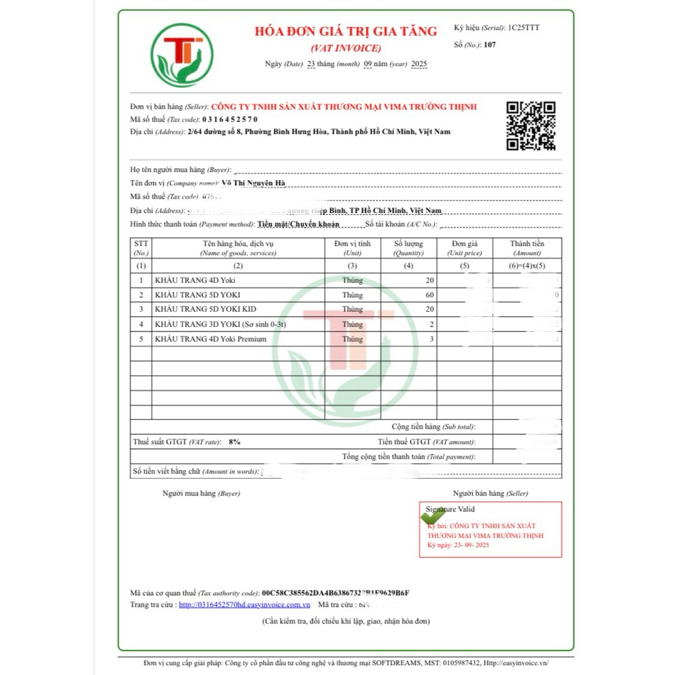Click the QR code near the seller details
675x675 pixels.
(x=531, y=126)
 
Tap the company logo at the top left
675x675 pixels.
(x=181, y=55)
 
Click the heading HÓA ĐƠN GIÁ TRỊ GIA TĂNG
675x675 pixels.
(x=346, y=31)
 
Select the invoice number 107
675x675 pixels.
(x=489, y=45)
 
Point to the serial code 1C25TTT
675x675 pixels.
(x=523, y=28)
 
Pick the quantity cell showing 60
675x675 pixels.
(x=429, y=295)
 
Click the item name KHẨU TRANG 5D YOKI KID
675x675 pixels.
(x=205, y=309)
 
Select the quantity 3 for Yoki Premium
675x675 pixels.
(x=430, y=339)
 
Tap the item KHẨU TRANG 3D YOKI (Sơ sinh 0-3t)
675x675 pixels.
(x=220, y=324)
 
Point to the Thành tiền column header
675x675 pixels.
(x=527, y=243)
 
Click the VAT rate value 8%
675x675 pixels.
(x=235, y=442)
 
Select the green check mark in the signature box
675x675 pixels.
(x=433, y=516)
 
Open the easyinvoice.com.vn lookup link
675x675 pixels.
(x=245, y=604)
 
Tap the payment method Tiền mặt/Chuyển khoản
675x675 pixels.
(x=299, y=224)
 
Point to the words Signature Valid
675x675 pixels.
(x=450, y=509)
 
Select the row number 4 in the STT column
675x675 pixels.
(x=141, y=324)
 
